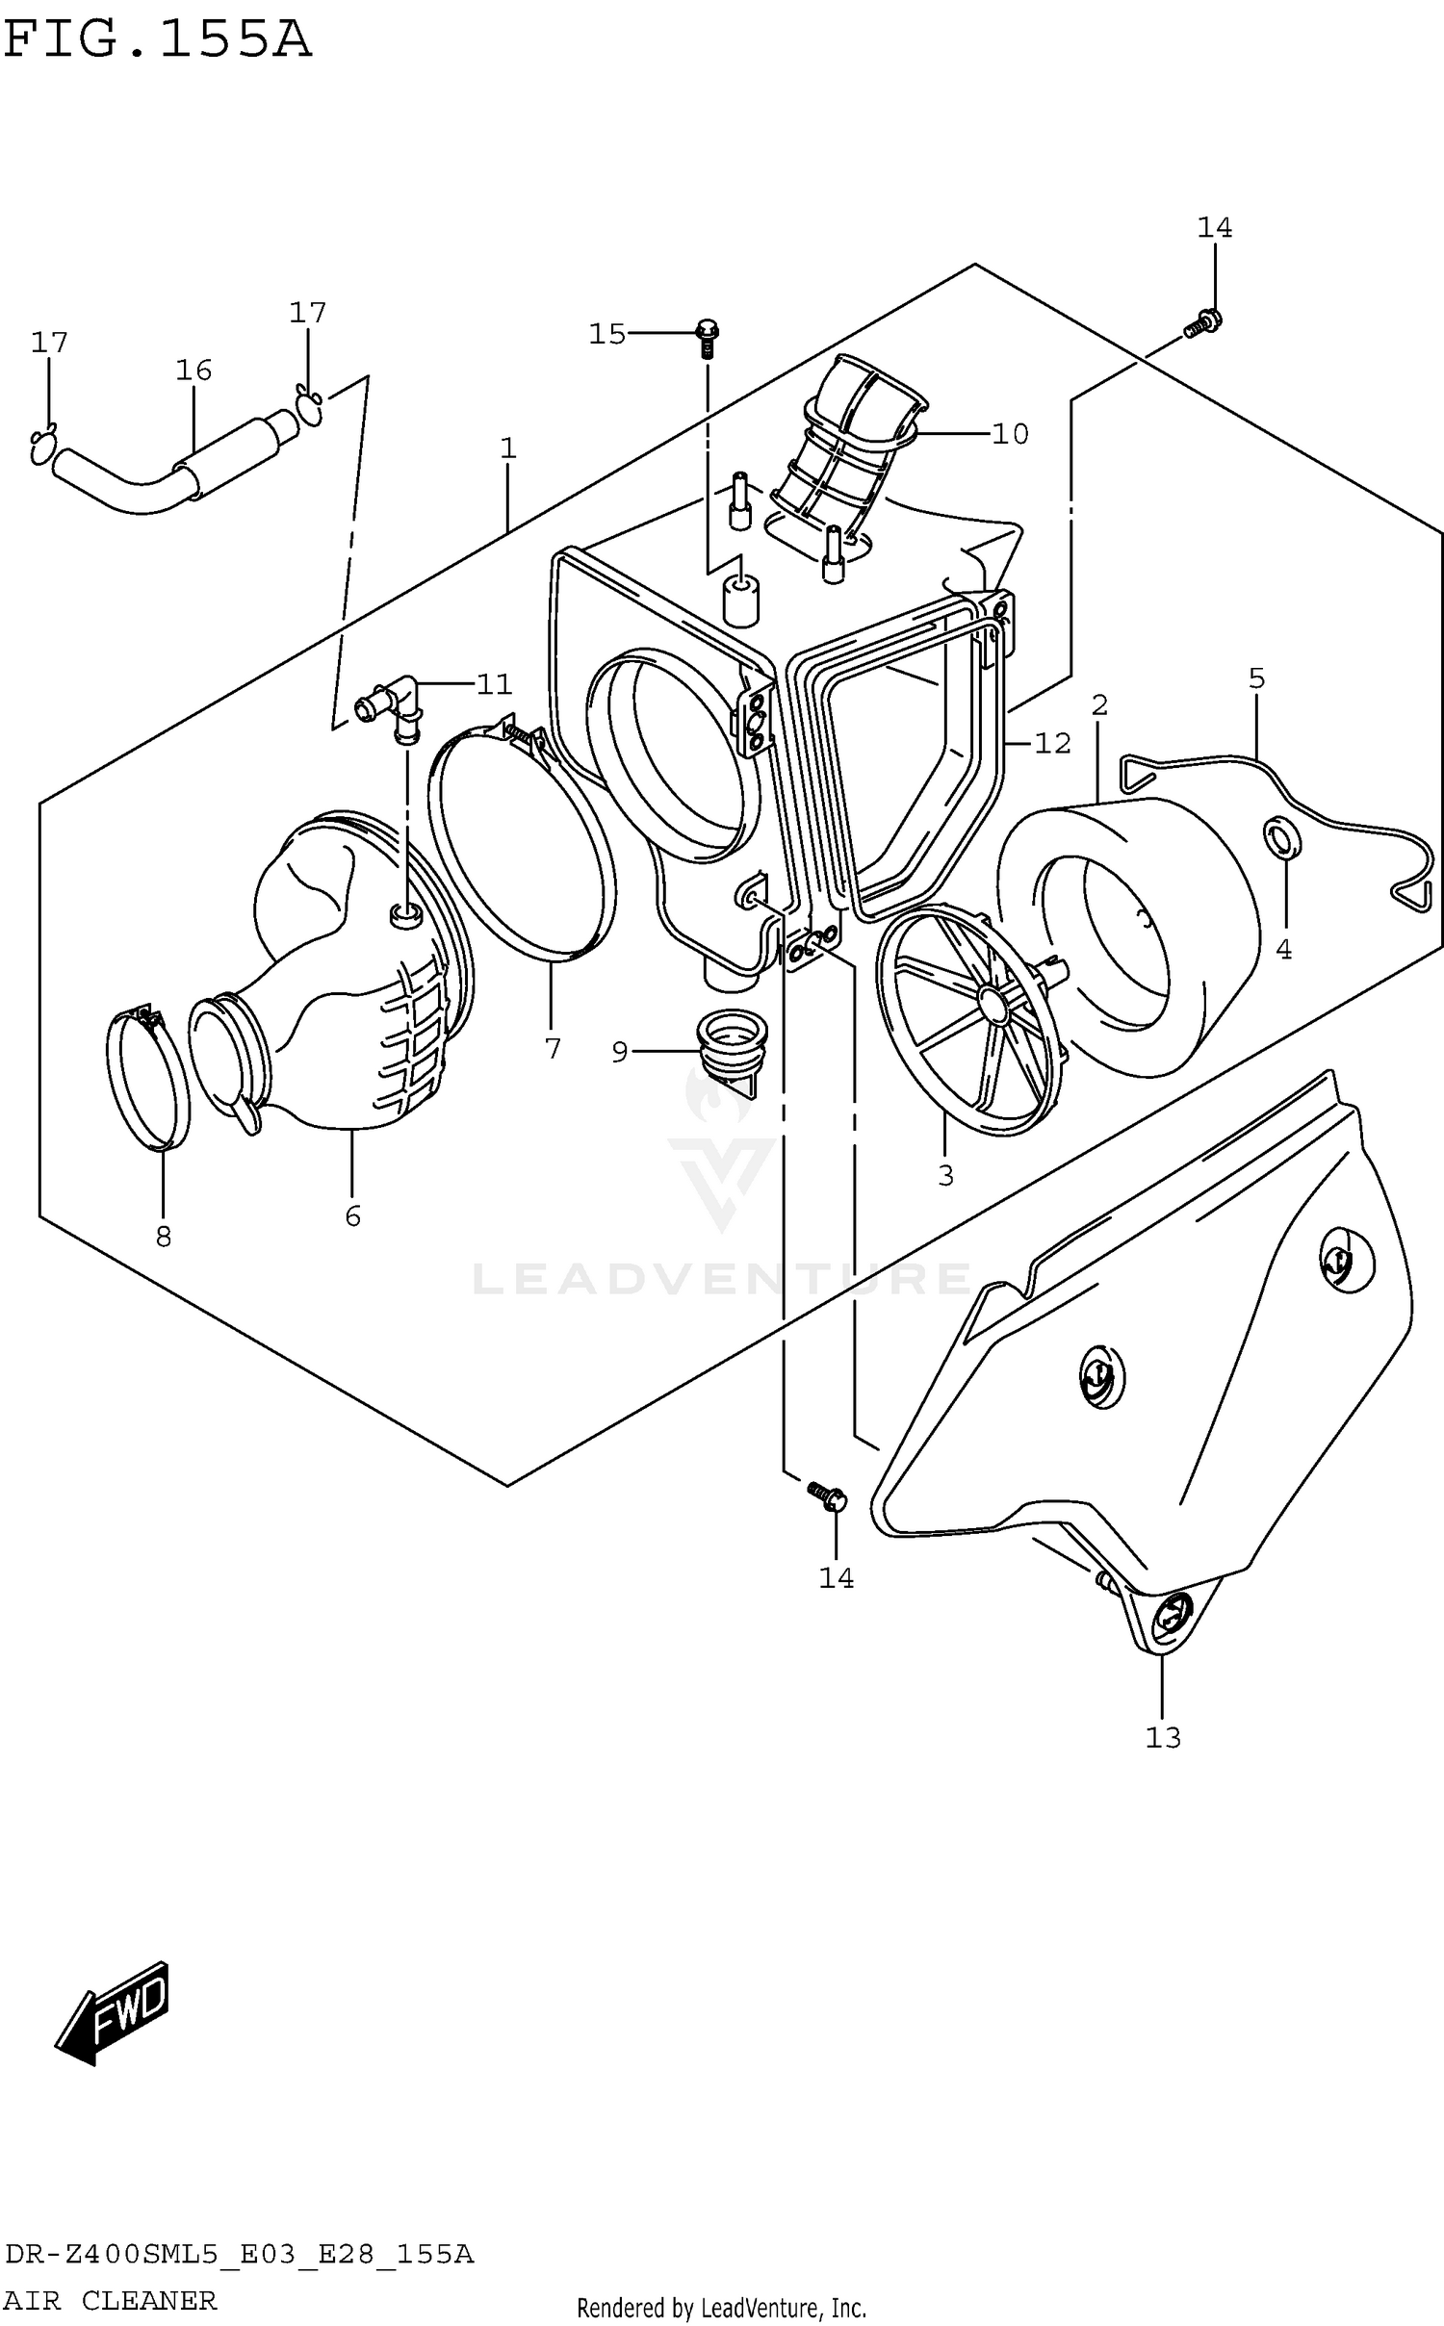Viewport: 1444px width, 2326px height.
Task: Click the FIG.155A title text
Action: [157, 40]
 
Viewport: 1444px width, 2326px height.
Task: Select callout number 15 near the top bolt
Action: [607, 334]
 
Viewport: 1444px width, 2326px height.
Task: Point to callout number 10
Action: [1010, 434]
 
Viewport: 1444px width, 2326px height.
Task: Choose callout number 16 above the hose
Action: [193, 371]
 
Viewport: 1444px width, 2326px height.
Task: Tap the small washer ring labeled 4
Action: [1281, 838]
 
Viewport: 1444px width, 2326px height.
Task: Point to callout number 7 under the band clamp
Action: [553, 1048]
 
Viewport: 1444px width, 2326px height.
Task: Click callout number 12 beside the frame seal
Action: [1052, 743]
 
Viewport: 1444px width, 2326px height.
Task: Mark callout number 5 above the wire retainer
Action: [1256, 678]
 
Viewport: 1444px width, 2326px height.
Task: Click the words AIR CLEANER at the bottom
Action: [111, 2301]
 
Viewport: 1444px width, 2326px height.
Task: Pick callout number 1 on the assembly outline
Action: [508, 448]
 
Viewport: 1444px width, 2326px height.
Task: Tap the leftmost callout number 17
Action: [49, 343]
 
